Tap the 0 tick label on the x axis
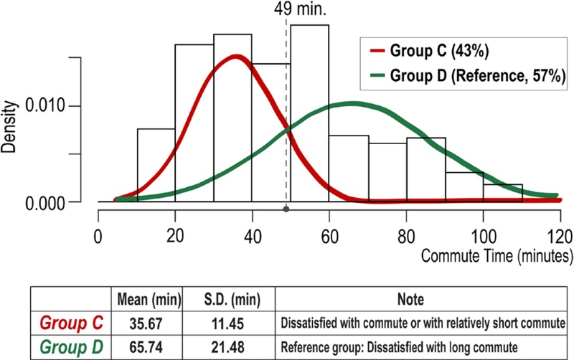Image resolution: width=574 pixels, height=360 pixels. click(98, 235)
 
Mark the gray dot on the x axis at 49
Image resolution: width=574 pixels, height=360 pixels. click(286, 209)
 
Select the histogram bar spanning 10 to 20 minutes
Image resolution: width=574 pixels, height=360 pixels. click(156, 165)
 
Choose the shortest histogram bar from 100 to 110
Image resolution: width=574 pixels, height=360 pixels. click(502, 193)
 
